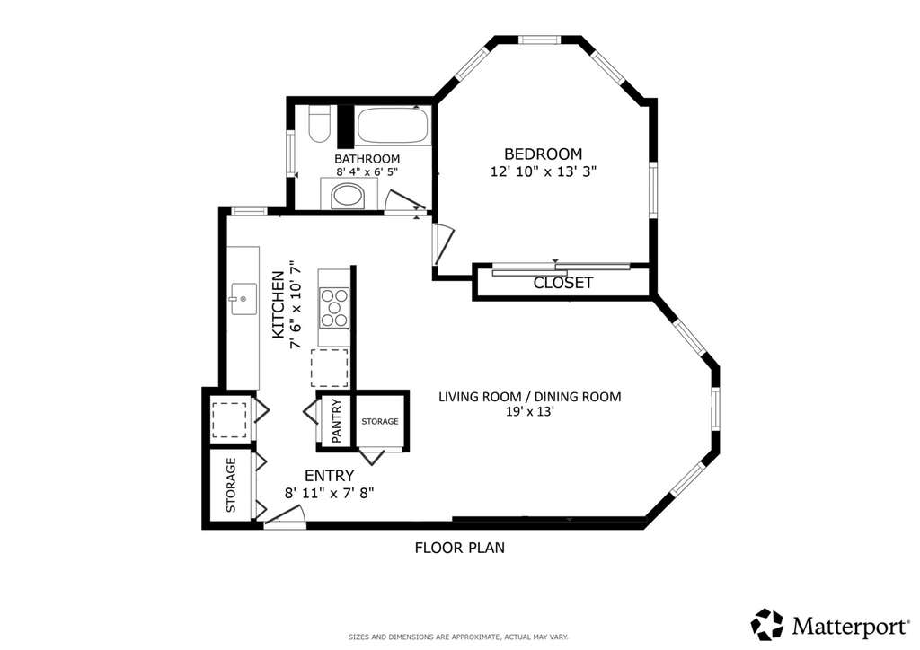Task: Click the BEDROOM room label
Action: coord(544,154)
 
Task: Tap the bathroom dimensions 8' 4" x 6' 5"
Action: coord(367,172)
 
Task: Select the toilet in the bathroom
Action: coord(319,125)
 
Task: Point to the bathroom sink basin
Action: coord(348,195)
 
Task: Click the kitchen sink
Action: coord(243,299)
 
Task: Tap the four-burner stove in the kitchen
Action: coord(334,307)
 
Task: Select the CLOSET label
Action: coord(562,283)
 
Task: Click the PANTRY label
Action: coord(337,421)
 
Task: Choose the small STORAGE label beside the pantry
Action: coord(380,421)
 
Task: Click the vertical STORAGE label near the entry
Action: coord(231,486)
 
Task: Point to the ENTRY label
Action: coord(329,475)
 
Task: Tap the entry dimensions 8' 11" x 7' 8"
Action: coord(329,494)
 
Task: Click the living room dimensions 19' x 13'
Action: coord(530,411)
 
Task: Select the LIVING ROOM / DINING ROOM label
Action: coord(530,397)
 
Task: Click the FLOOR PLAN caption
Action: coord(459,548)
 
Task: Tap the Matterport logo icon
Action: coord(767,625)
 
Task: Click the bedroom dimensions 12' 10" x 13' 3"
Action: coord(544,171)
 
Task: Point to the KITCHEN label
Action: coord(279,304)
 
